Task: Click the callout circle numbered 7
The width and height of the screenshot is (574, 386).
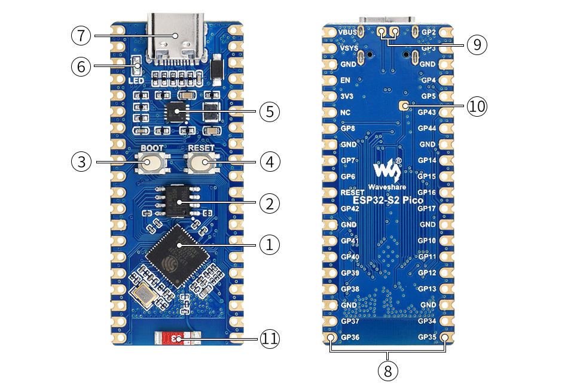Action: tap(81, 35)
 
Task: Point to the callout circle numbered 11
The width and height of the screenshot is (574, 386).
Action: tap(270, 339)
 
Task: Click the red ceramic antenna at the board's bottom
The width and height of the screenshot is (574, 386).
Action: tap(177, 339)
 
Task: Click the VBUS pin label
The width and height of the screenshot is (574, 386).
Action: tap(348, 32)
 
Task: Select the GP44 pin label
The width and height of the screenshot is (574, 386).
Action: tap(427, 128)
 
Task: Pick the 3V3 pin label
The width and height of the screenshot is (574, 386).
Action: tap(346, 96)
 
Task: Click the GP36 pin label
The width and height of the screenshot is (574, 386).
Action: tap(350, 337)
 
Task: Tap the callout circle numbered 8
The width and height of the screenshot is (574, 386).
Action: tap(388, 370)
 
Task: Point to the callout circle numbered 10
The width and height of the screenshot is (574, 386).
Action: tap(477, 107)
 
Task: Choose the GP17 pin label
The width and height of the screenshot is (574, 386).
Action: tap(427, 208)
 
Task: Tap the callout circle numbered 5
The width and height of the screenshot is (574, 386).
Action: tap(270, 111)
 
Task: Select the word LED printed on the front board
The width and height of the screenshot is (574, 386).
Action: tap(136, 80)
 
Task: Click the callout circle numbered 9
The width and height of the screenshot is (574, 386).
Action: tap(477, 44)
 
